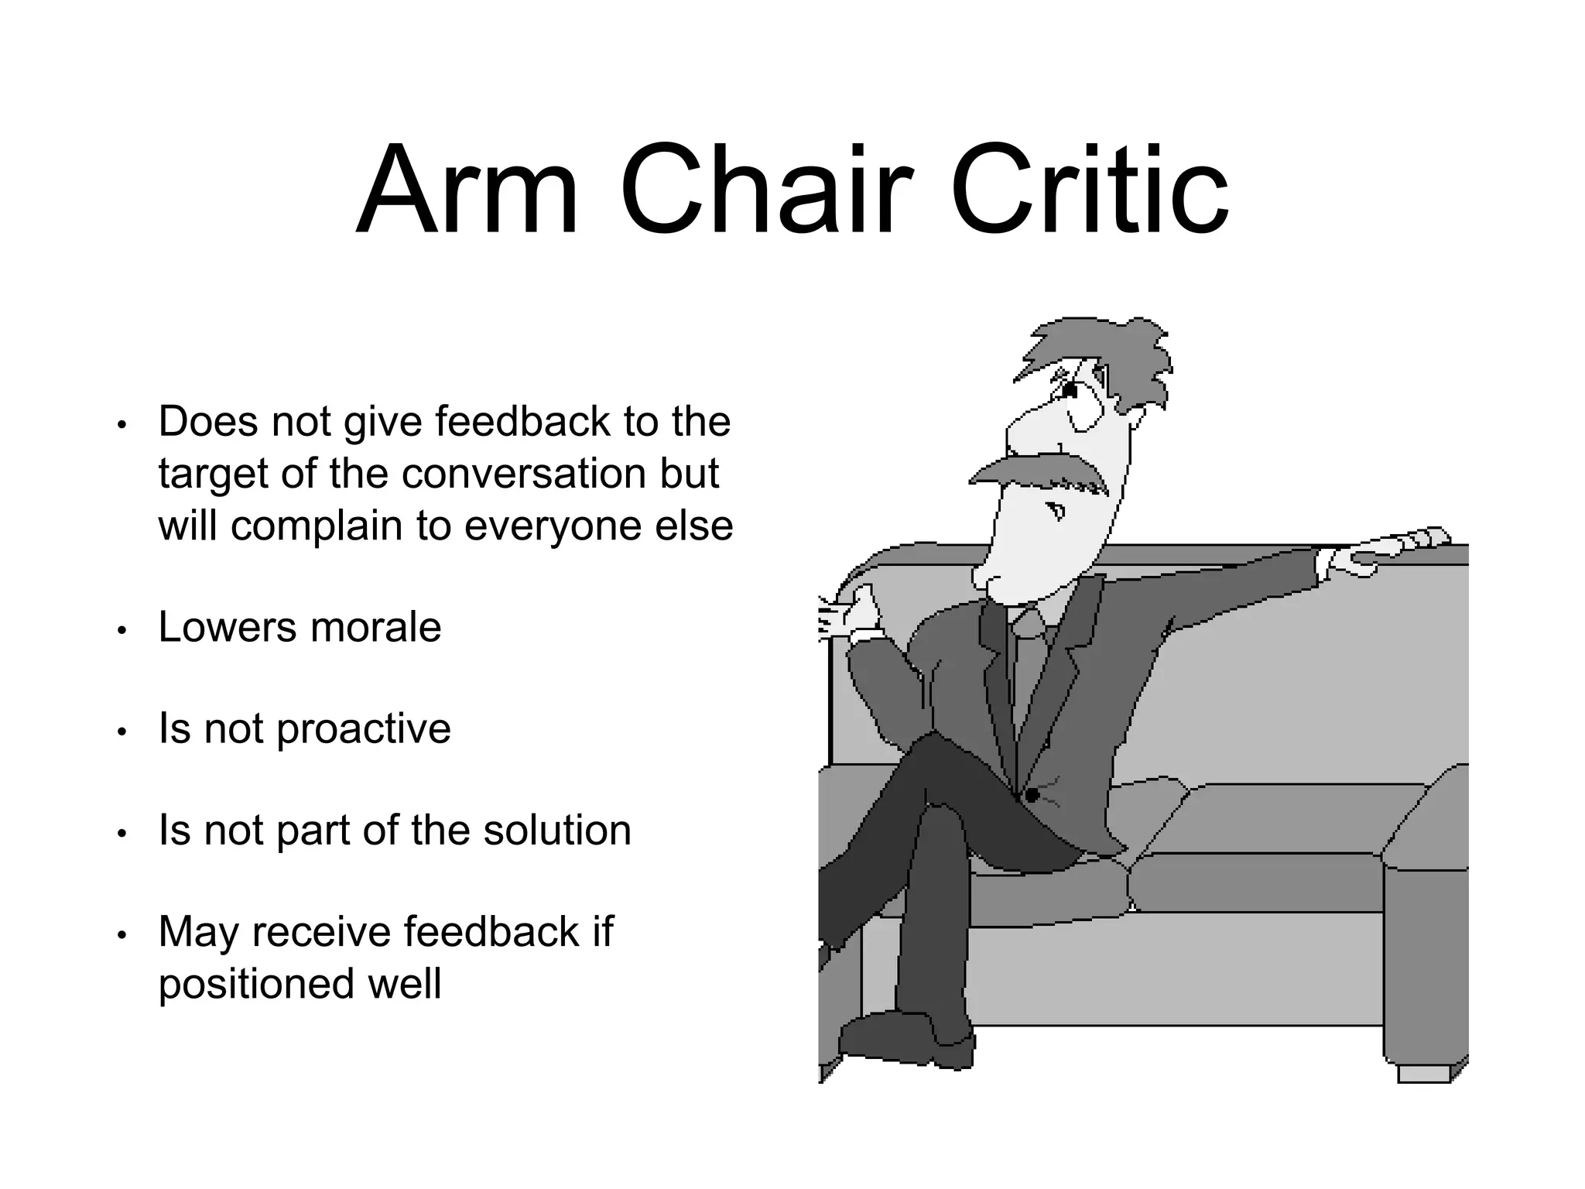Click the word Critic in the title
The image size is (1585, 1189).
1088,191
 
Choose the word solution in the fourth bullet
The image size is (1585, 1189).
556,831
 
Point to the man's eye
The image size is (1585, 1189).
1070,391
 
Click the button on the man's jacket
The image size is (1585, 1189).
1032,795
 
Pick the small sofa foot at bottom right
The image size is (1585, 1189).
1424,1074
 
